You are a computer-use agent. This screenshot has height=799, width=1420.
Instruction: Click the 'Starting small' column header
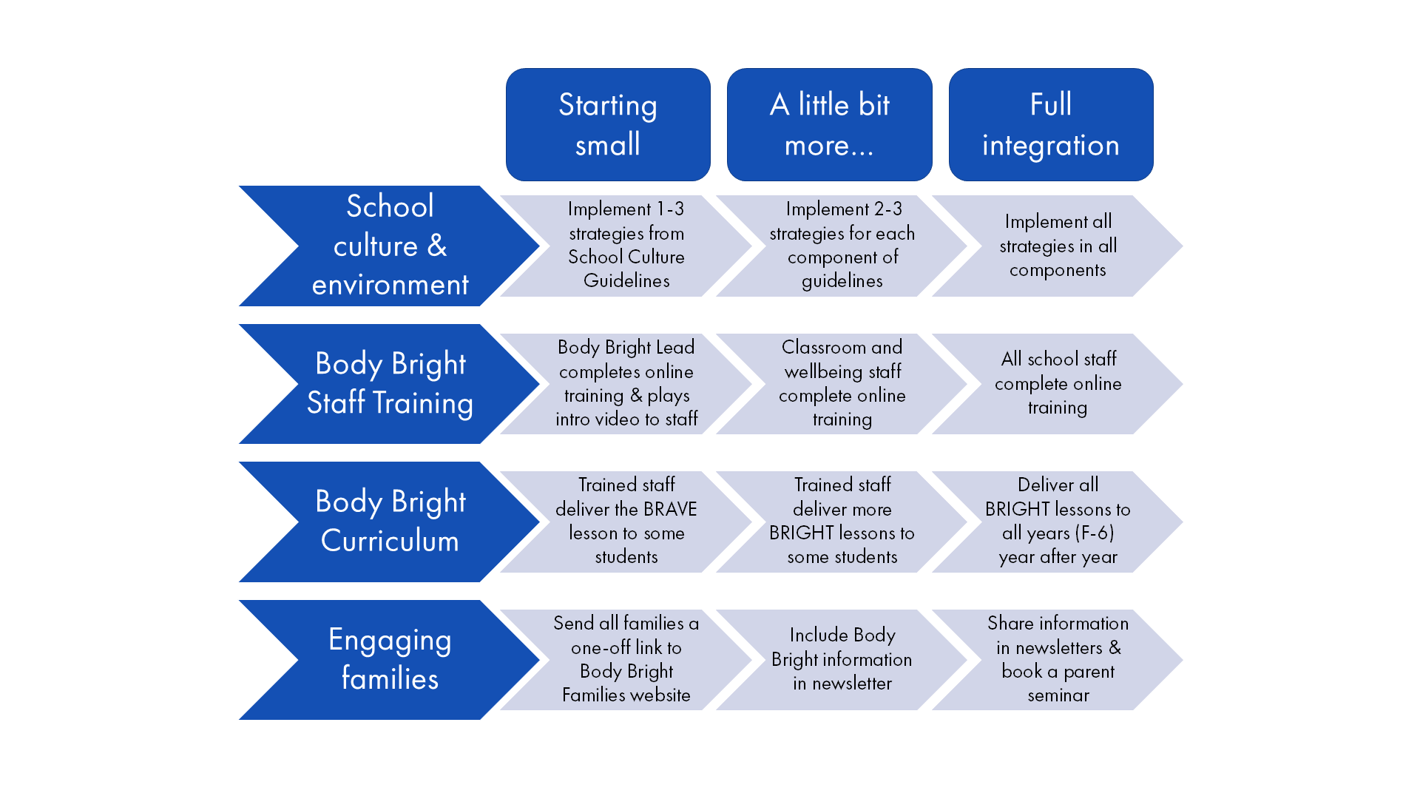click(608, 124)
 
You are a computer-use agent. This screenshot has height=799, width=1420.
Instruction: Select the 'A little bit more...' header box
click(829, 124)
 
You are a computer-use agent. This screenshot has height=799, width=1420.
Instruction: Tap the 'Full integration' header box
click(1051, 124)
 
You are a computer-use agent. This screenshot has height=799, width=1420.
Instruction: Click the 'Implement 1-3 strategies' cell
click(626, 246)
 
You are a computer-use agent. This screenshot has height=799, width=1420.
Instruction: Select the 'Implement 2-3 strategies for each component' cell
click(842, 246)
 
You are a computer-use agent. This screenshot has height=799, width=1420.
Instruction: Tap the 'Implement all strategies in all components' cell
click(1058, 246)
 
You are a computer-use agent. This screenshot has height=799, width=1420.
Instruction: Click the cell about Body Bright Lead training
click(626, 384)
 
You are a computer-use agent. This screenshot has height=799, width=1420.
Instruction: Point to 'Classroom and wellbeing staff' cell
click(842, 384)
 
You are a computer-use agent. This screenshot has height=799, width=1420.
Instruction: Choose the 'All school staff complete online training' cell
click(1058, 384)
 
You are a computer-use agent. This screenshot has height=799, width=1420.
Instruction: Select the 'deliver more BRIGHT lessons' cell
click(842, 522)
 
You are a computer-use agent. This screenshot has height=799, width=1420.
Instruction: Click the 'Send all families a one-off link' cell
click(626, 660)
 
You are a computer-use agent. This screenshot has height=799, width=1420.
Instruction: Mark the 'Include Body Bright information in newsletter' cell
click(842, 660)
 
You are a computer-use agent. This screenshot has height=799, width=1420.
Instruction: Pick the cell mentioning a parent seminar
click(1058, 660)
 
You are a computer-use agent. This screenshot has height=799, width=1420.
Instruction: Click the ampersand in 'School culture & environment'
click(437, 246)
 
